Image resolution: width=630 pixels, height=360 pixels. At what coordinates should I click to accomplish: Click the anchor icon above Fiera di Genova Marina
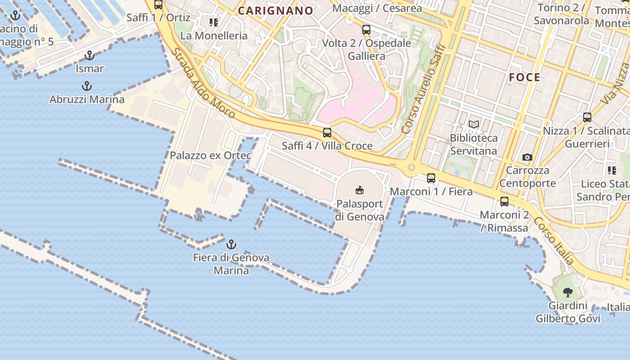[x=231, y=245]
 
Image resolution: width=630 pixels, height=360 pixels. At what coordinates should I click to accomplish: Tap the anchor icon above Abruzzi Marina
[x=86, y=86]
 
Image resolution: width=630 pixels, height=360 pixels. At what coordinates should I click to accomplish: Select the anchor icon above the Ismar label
[x=90, y=56]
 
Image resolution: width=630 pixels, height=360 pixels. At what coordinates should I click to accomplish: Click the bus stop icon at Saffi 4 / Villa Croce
[x=327, y=133]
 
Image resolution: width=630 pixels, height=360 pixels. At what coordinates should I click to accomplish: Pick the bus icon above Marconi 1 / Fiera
[x=431, y=178]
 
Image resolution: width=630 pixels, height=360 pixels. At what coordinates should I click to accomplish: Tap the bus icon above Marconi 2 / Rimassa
[x=504, y=202]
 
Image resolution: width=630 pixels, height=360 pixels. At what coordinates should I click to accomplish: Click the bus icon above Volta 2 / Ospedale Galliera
[x=366, y=30]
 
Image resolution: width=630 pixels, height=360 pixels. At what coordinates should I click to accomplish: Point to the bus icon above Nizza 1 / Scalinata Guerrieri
[x=587, y=117]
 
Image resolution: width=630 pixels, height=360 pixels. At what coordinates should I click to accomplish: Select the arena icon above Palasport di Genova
[x=359, y=190]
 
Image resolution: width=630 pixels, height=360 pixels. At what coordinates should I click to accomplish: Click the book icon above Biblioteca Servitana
[x=473, y=125]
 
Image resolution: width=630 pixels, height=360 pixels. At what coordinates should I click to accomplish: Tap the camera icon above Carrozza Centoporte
[x=527, y=157]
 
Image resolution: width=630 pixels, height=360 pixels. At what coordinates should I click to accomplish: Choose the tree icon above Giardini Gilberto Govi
[x=568, y=292]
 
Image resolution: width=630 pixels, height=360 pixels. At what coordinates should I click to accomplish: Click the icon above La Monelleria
[x=214, y=22]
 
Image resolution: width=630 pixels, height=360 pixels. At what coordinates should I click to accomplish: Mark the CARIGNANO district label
[x=275, y=11]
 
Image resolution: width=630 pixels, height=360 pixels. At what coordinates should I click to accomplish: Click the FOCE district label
[x=525, y=77]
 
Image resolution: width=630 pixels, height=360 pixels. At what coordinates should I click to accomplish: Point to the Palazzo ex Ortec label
[x=211, y=156]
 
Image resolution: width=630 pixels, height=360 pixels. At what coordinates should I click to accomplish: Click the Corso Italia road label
[x=554, y=241]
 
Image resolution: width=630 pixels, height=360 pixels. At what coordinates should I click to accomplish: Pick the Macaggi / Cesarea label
[x=377, y=8]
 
